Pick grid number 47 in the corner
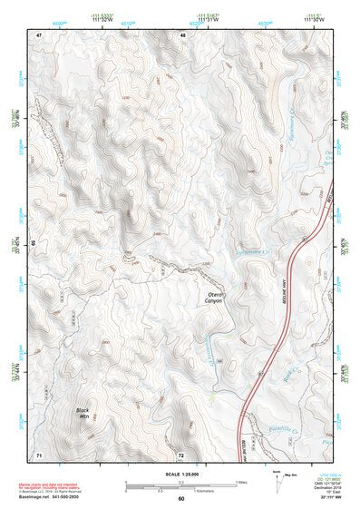point(39,34)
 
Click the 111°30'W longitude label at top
point(310,19)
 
